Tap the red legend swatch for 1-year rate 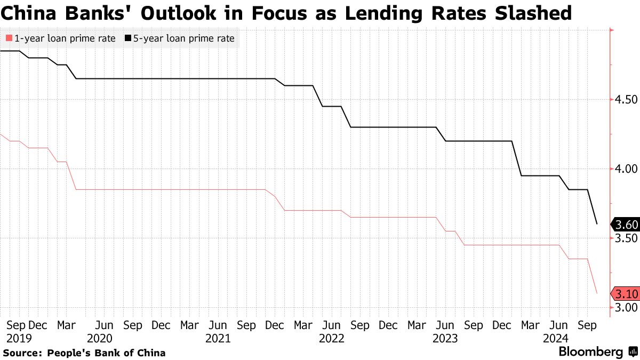click(8, 38)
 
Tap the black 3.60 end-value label click(625, 224)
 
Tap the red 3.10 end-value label click(625, 294)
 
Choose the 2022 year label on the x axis click(331, 338)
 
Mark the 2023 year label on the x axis click(445, 338)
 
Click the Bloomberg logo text click(590, 352)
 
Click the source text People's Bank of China click(106, 353)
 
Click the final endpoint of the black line click(597, 224)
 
